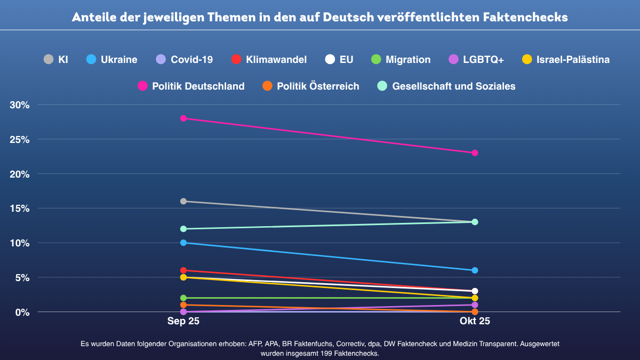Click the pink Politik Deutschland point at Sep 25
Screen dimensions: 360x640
tap(183, 118)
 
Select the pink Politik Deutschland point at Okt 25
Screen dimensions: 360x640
tap(475, 153)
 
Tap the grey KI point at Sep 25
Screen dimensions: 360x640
tap(183, 201)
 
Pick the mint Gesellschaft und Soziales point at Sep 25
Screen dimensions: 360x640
tap(183, 229)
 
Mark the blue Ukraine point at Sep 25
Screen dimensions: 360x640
tap(183, 243)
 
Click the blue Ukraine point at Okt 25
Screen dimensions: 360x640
tap(475, 270)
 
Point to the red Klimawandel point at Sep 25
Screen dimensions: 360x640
tap(183, 270)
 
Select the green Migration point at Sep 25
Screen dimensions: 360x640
tap(183, 298)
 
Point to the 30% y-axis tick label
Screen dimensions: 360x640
tap(19, 105)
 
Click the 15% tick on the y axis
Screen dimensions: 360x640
tap(19, 209)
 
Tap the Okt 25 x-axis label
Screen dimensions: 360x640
tap(475, 322)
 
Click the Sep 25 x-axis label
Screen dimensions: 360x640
tap(183, 322)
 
